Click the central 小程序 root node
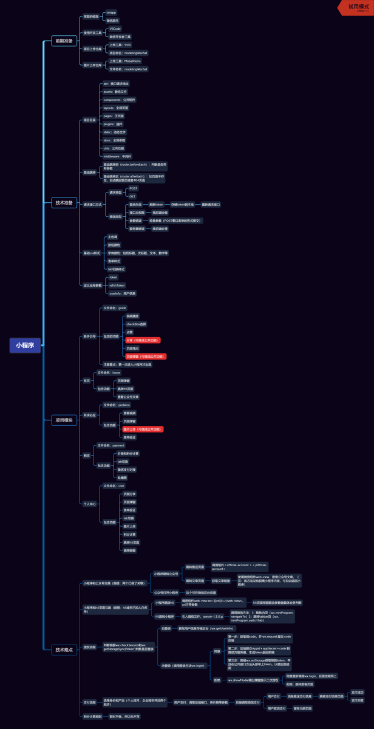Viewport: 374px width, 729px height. click(x=25, y=346)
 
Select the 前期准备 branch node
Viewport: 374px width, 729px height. click(x=64, y=41)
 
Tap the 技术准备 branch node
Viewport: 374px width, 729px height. click(x=64, y=203)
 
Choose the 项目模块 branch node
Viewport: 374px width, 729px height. click(x=64, y=420)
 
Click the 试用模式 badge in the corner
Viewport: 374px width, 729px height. click(x=358, y=7)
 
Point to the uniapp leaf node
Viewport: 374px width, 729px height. click(x=112, y=12)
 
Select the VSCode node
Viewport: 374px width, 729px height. click(x=115, y=29)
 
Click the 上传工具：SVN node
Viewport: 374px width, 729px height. click(x=118, y=45)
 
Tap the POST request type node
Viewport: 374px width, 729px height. click(x=134, y=188)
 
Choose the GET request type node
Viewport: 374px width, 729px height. click(x=132, y=196)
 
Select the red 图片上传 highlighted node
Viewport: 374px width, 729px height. click(x=142, y=429)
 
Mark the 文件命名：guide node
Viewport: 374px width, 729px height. click(x=114, y=308)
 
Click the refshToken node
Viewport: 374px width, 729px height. click(x=117, y=285)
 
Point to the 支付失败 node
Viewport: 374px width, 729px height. click(x=357, y=700)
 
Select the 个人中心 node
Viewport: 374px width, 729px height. click(x=89, y=504)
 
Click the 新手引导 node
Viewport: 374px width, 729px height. click(x=89, y=336)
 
